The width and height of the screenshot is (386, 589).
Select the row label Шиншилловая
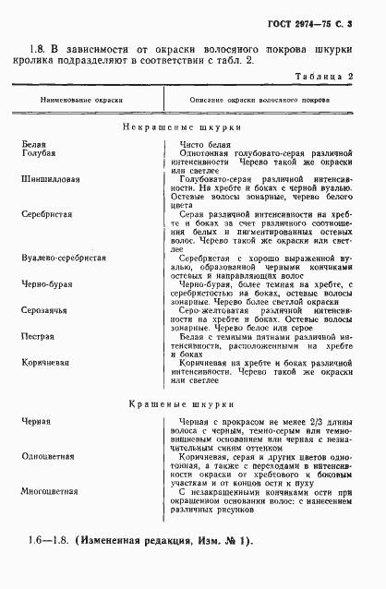click(48, 178)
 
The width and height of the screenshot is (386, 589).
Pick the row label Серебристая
click(46, 212)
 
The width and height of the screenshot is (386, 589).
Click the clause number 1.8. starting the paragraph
click(37, 49)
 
